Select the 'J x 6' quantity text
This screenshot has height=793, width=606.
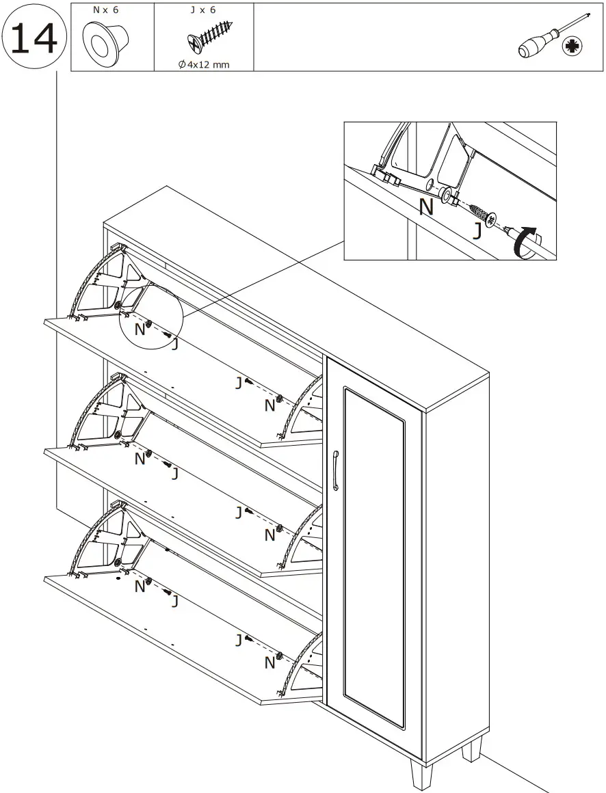click(x=203, y=11)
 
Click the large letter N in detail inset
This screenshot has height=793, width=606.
click(x=427, y=207)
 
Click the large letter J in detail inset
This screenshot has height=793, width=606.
click(x=477, y=231)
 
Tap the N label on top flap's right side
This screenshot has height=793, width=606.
click(x=270, y=406)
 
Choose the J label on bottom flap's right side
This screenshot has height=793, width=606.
click(x=239, y=641)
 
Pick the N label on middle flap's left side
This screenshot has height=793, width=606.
click(x=140, y=459)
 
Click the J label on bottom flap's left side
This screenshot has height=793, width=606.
click(x=175, y=602)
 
